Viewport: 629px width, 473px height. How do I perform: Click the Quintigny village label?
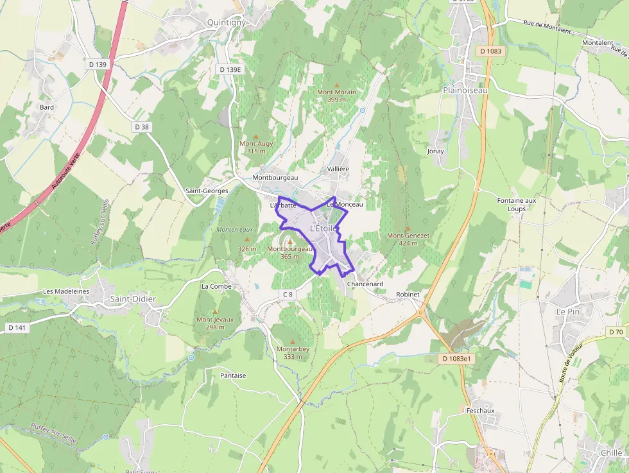(x=226, y=22)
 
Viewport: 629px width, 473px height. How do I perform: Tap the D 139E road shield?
(x=230, y=69)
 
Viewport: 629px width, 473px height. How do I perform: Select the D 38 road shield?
(x=142, y=127)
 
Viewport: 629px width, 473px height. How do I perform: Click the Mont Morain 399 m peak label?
(x=336, y=96)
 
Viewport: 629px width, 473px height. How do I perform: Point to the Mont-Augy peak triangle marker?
(x=256, y=137)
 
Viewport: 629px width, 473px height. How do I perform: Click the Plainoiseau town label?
(x=465, y=90)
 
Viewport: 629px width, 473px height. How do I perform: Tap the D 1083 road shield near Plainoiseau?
(x=492, y=51)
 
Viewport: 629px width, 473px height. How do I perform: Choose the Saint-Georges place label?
(x=207, y=191)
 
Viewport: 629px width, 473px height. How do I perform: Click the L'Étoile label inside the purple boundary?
(x=323, y=228)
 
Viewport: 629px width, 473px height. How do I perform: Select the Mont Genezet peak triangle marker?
(x=408, y=228)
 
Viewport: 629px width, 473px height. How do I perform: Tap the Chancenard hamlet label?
(x=365, y=284)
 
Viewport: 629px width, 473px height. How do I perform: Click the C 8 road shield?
(x=287, y=294)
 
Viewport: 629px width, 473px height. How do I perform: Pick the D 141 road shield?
(x=17, y=328)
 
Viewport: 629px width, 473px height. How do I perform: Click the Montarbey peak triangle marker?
(x=293, y=341)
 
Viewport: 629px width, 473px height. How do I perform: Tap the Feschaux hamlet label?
(x=480, y=409)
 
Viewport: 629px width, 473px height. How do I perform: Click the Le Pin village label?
(x=567, y=311)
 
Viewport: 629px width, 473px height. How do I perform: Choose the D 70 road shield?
(x=615, y=332)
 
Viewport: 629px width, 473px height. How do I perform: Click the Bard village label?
(x=47, y=107)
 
